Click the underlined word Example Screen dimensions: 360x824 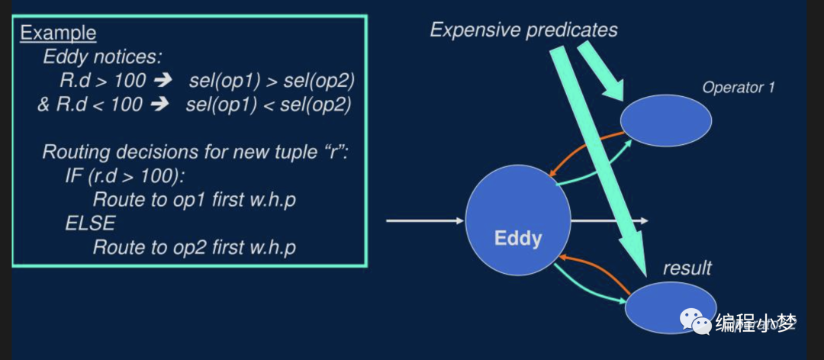point(58,33)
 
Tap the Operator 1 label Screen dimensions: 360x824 point(738,88)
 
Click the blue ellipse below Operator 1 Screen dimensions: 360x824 point(666,121)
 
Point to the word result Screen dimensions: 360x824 point(687,268)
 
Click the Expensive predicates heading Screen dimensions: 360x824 point(523,30)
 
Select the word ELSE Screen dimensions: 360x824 point(91,223)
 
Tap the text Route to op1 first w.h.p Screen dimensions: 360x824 point(194,200)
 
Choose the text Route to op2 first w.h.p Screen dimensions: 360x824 point(194,247)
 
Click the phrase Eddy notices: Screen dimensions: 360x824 point(102,56)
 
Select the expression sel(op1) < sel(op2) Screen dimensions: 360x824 point(268,104)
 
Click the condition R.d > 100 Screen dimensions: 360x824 point(101,80)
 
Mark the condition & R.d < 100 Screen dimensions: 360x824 point(90,104)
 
